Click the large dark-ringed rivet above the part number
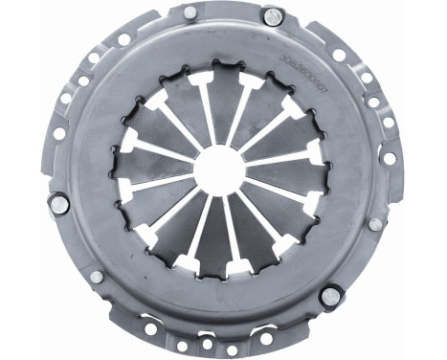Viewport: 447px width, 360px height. [273, 16]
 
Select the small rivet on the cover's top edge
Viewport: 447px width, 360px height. [190, 12]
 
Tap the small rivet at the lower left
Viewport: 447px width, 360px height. [97, 277]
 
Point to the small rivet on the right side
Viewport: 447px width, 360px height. [375, 223]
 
